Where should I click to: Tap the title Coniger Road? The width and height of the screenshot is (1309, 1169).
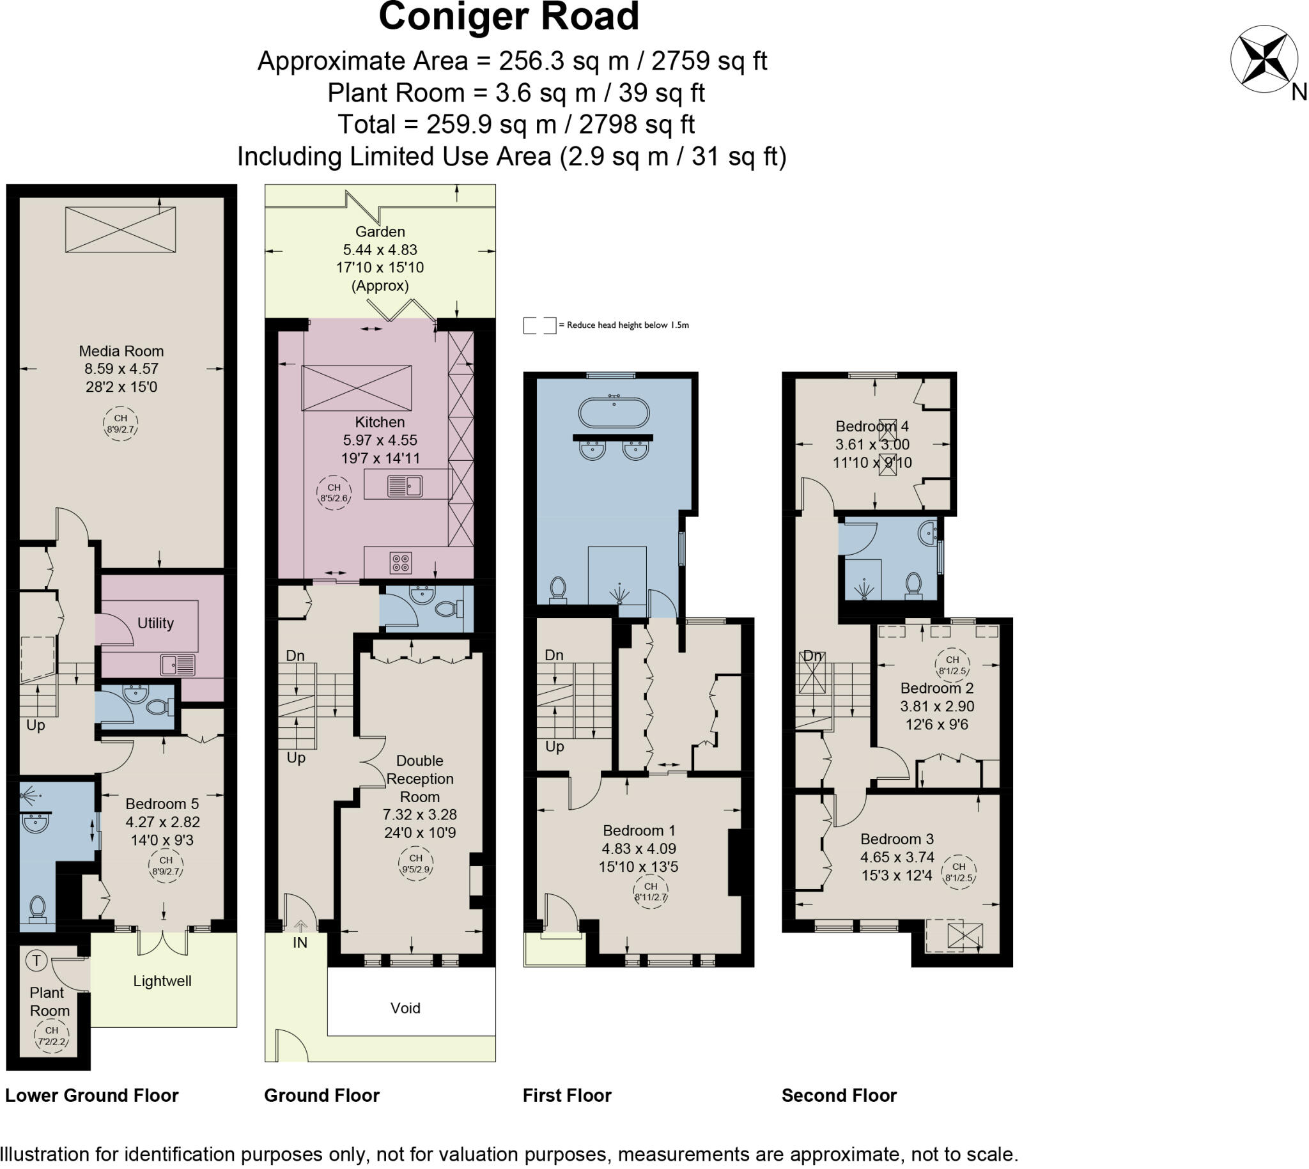[509, 17]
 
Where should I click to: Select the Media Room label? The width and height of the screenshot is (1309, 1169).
[121, 352]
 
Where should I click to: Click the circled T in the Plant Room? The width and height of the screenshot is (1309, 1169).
[36, 961]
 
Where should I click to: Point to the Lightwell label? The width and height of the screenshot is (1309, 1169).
[162, 981]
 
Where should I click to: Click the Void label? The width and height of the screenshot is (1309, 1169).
[405, 1008]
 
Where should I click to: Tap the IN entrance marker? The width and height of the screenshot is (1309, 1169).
[300, 942]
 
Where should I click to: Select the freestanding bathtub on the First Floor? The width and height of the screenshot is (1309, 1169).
[614, 412]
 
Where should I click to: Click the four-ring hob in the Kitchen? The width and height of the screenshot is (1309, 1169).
[401, 563]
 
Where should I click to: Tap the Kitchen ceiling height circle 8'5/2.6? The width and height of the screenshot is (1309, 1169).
[334, 493]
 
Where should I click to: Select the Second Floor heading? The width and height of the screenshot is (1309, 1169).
[838, 1095]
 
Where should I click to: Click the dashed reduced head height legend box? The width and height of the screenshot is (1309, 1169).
[539, 326]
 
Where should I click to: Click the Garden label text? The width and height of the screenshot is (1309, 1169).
[380, 232]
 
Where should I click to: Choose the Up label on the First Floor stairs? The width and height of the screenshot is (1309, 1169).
[554, 747]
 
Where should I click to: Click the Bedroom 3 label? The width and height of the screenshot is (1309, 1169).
[897, 839]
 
